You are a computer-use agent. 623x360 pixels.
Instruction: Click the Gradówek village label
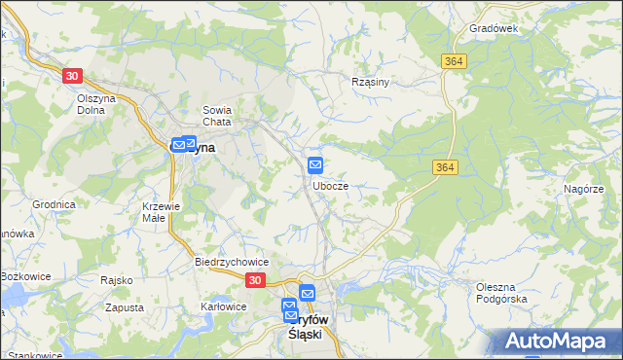[x=494, y=29]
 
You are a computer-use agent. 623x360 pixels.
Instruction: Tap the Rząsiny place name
[x=370, y=83]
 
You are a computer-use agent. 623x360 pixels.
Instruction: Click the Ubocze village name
[x=331, y=185]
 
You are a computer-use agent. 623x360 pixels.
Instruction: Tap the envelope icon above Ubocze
[x=315, y=164]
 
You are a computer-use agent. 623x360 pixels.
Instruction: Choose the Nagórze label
[x=583, y=190]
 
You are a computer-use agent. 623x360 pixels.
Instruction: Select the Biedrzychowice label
[x=232, y=263]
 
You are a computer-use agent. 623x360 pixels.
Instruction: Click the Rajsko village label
[x=116, y=280]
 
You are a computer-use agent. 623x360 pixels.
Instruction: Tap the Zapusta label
[x=126, y=307]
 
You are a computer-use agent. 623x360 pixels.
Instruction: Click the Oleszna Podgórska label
[x=501, y=293]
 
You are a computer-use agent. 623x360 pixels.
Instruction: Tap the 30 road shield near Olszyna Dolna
[x=72, y=75]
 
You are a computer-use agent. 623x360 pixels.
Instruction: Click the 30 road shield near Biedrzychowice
[x=254, y=280]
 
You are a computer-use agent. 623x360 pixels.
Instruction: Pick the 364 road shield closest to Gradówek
[x=453, y=61]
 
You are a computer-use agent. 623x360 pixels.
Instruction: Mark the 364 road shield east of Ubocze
[x=443, y=168]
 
